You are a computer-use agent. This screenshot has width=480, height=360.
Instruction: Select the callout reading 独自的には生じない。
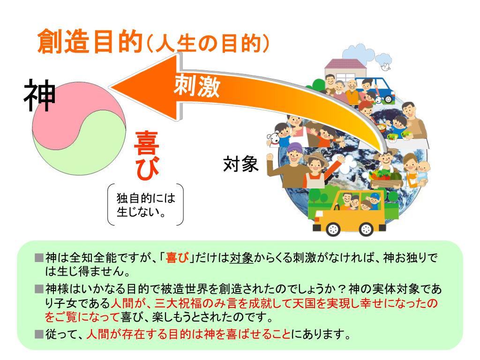click(145, 205)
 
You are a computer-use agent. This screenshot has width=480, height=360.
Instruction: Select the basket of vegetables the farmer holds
click(385, 178)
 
